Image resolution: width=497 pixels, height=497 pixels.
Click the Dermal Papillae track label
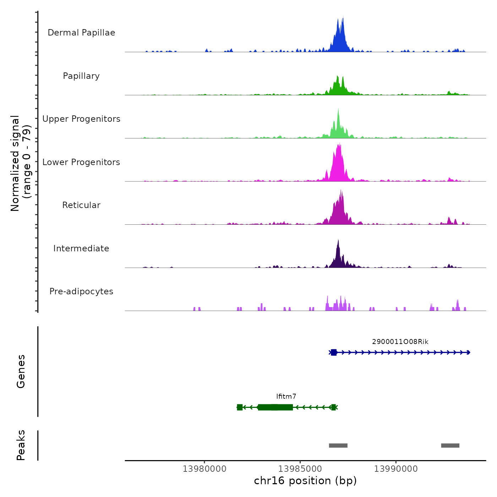[81, 33]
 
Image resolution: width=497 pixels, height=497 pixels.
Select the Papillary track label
[81, 76]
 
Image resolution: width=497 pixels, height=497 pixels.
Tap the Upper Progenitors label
[81, 119]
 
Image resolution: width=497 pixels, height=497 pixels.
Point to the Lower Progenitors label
[81, 162]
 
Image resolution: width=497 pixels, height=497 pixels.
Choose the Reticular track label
[81, 205]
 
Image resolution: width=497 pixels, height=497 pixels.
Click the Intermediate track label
[81, 248]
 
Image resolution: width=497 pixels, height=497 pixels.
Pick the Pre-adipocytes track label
[81, 291]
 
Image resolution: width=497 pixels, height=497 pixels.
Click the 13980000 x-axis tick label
[204, 469]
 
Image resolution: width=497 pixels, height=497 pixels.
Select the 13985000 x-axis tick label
[300, 469]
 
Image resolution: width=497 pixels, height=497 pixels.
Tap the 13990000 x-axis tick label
[396, 469]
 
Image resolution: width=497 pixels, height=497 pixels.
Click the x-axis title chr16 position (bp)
[305, 481]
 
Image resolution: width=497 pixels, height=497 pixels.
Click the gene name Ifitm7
[286, 397]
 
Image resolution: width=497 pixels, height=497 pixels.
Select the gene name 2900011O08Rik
[400, 342]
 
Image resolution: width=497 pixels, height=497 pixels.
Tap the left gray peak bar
[338, 446]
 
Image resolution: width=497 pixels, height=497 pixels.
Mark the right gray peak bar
[450, 446]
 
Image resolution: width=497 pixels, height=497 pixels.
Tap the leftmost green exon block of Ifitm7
[240, 407]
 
